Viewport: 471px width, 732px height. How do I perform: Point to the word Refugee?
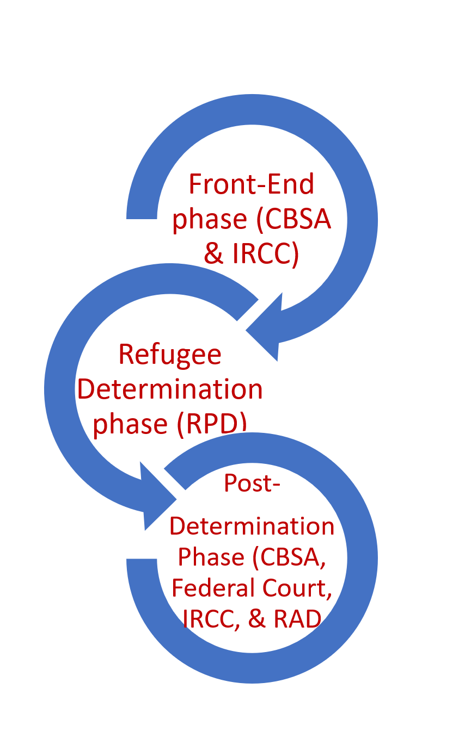click(x=170, y=355)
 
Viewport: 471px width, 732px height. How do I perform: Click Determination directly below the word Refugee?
click(x=170, y=389)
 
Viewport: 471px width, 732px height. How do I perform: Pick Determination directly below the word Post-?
click(x=252, y=526)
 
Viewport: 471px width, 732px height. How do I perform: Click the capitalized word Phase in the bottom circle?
click(x=212, y=557)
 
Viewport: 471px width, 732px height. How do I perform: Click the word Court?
click(x=298, y=588)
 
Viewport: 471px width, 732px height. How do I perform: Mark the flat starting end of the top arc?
click(x=142, y=215)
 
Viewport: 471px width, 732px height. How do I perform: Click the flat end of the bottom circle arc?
click(x=142, y=561)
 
